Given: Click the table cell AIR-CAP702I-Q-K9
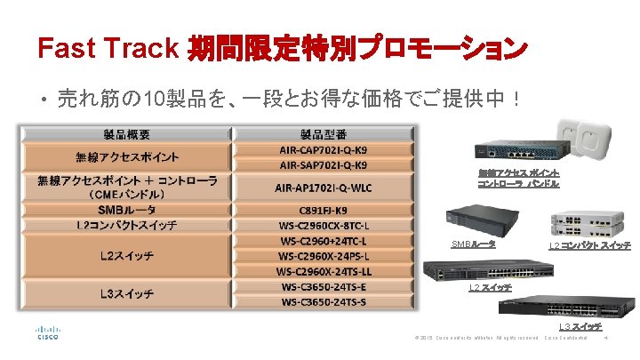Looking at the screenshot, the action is tap(324, 150).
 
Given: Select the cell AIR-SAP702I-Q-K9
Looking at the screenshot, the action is tap(324, 164).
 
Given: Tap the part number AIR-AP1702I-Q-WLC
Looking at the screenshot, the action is tap(324, 187).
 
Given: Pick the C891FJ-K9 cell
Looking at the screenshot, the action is tap(324, 210).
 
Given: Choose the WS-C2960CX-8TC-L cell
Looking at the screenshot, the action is tap(324, 225).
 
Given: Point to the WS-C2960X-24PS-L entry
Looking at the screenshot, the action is tap(324, 256).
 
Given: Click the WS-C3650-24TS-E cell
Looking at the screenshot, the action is tap(324, 286).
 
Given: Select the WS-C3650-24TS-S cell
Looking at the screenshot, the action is tap(324, 301).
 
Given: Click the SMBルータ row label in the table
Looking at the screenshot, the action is tap(126, 210).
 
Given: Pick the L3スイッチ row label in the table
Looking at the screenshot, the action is tap(126, 293).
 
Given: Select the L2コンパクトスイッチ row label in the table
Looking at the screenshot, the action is tap(126, 225).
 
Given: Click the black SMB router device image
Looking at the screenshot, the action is tap(476, 221).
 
